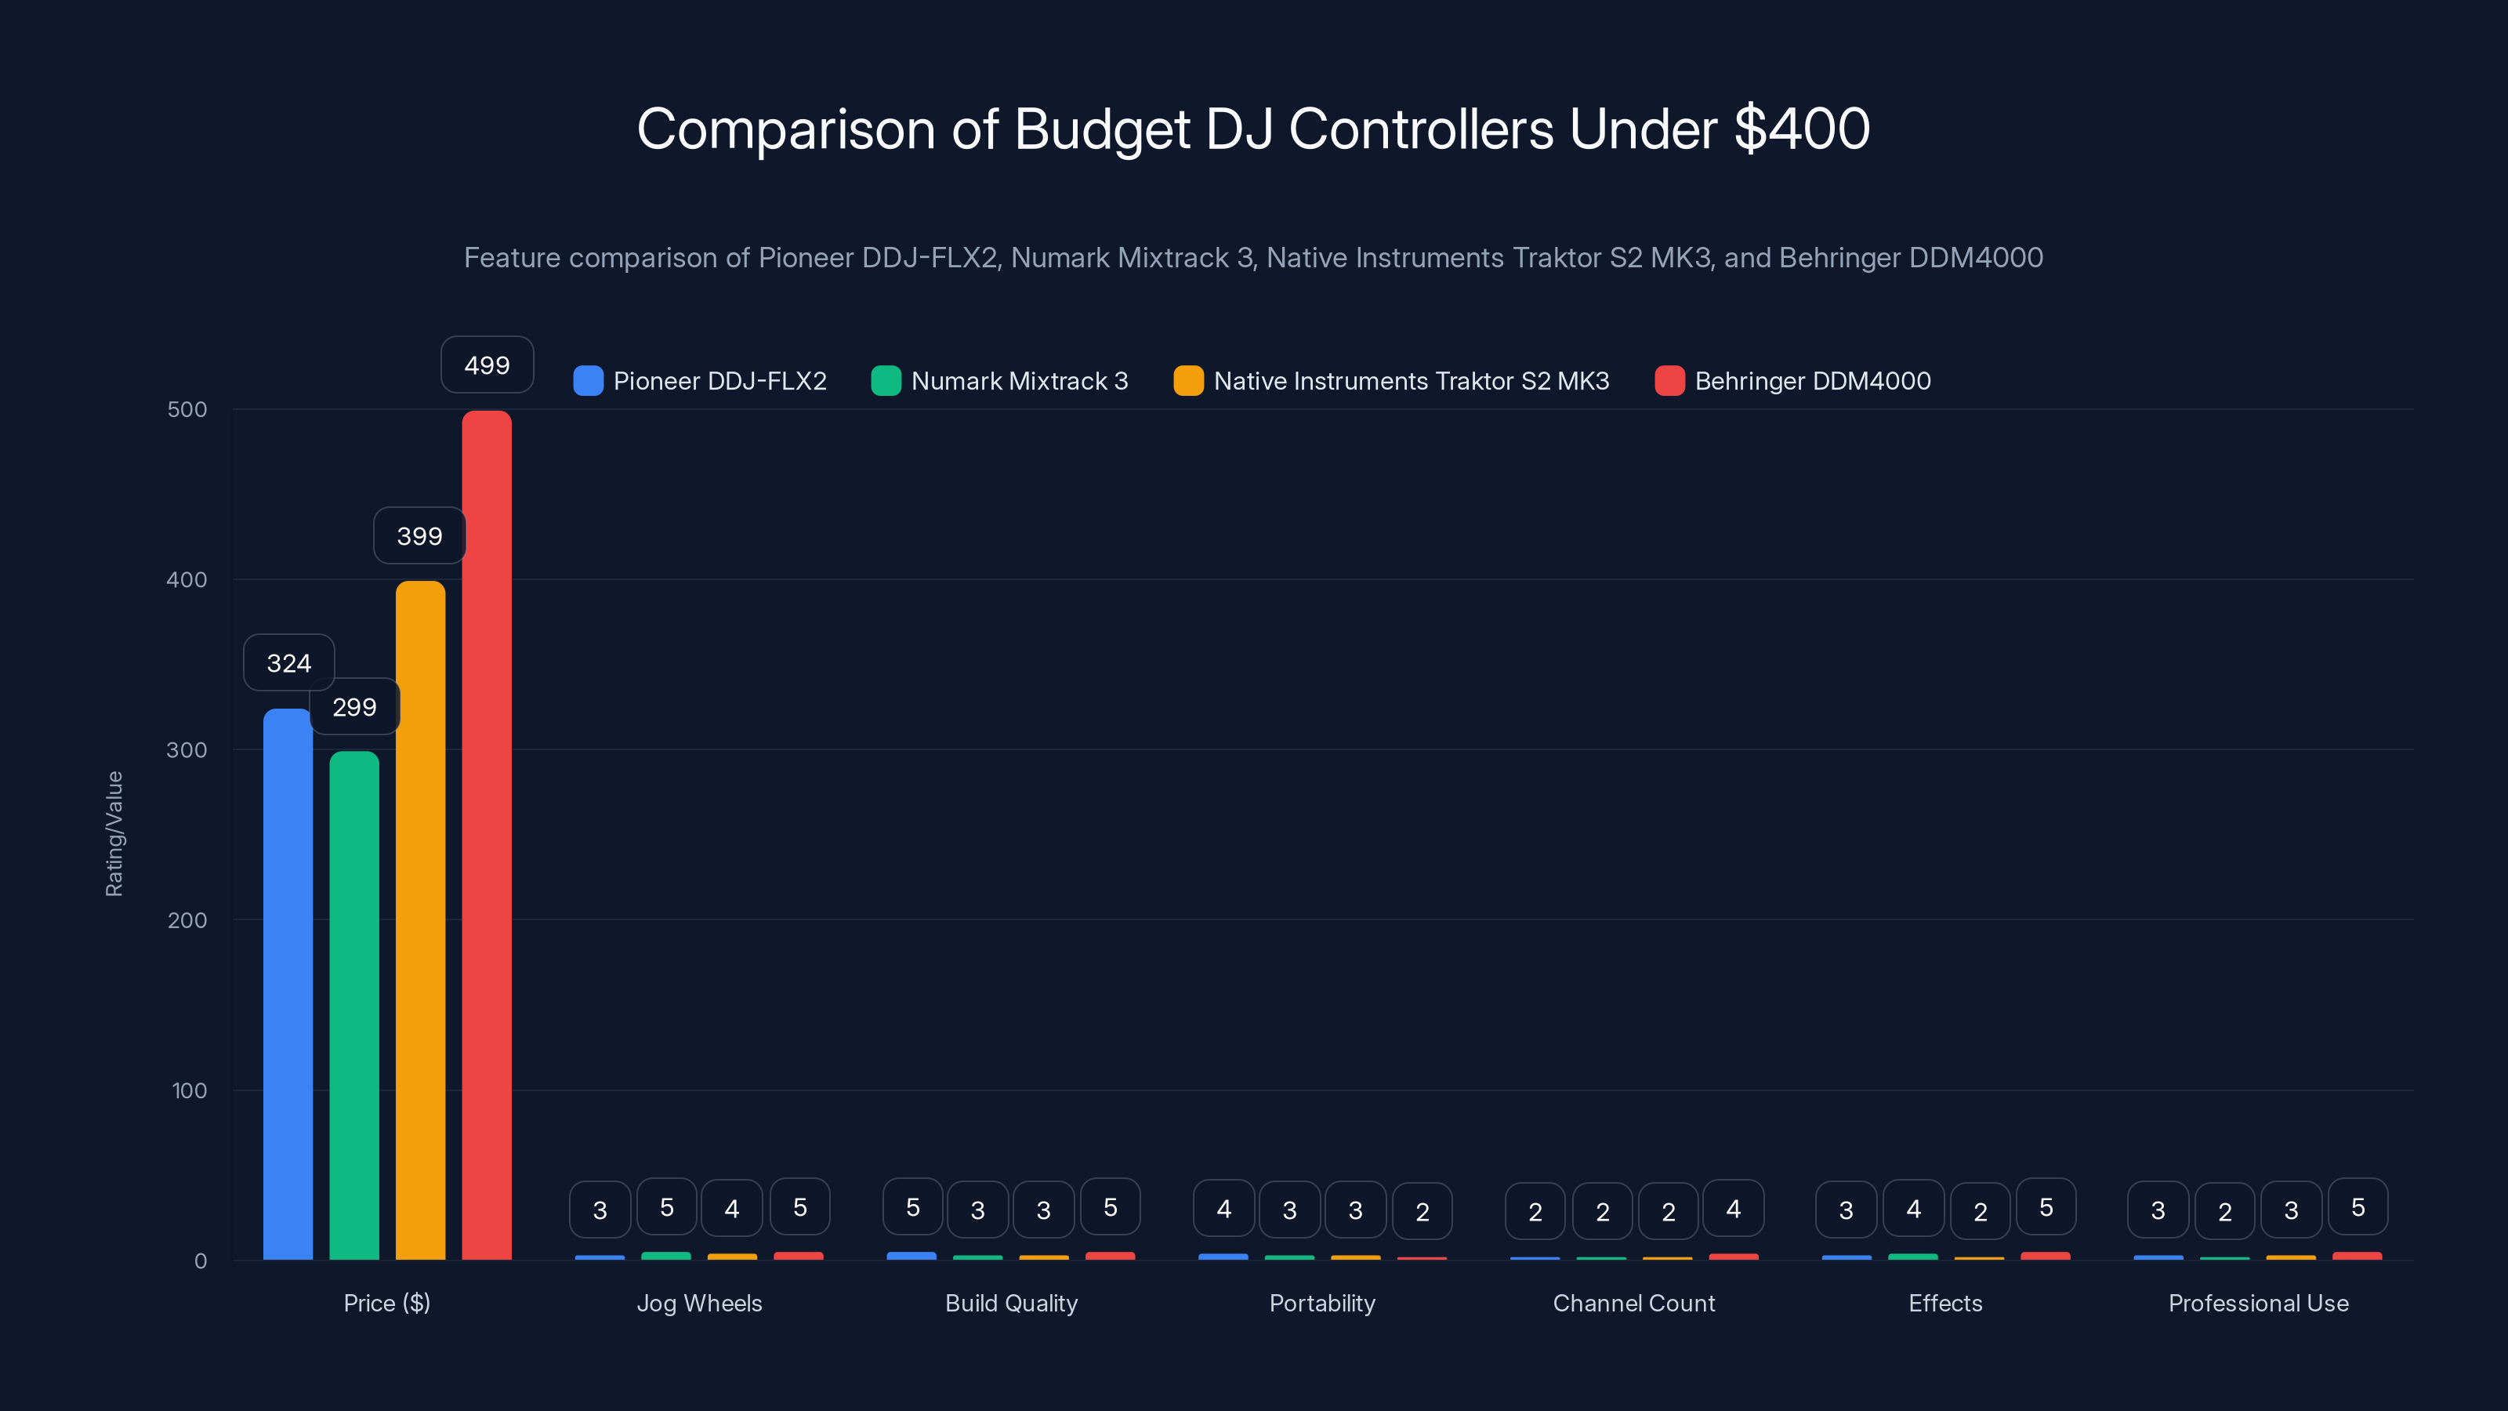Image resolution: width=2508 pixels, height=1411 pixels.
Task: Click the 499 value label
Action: point(487,365)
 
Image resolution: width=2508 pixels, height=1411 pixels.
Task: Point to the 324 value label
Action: point(288,663)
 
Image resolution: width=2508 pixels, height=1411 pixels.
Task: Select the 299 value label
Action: point(354,707)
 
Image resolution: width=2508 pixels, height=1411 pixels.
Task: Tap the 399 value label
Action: point(419,535)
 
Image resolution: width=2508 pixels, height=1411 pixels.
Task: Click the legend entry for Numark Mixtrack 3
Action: point(1000,381)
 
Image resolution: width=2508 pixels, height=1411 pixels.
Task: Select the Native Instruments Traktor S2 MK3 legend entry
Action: point(1391,381)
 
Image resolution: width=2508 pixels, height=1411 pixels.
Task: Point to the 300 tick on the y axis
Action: point(187,750)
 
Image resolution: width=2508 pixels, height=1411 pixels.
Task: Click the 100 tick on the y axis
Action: point(189,1090)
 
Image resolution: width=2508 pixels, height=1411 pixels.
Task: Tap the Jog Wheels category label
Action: point(699,1303)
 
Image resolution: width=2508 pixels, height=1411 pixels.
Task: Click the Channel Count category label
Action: point(1633,1303)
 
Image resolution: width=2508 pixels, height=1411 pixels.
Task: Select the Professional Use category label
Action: point(2258,1303)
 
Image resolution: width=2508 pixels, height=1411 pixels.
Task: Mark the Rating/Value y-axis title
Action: point(114,833)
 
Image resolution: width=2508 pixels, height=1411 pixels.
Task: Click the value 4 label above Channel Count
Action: point(1733,1209)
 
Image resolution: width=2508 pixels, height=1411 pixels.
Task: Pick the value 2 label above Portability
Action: point(1422,1211)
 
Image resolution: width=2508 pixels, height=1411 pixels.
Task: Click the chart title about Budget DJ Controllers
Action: point(1253,129)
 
